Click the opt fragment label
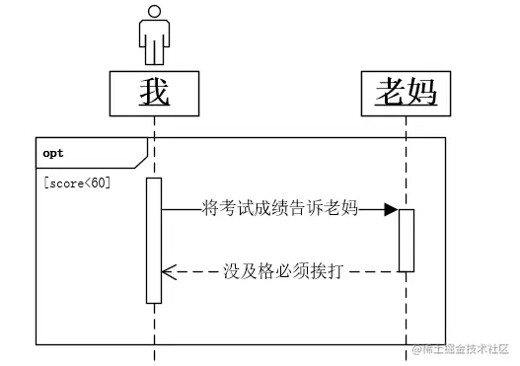tap(53, 154)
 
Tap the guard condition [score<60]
tap(77, 183)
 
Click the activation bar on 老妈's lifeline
tap(406, 240)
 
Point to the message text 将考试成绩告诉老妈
tap(279, 208)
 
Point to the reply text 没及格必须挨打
tap(282, 270)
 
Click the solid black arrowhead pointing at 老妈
tap(391, 208)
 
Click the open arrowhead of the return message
tap(168, 270)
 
